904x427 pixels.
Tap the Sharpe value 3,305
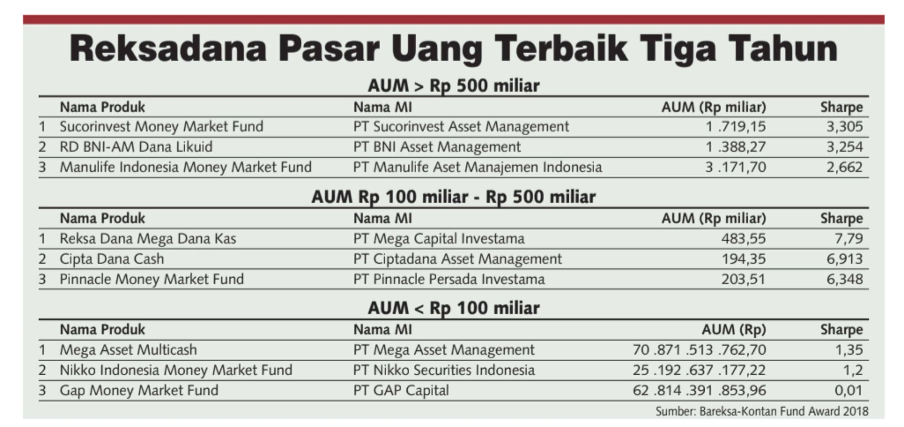coord(844,126)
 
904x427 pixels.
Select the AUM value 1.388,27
coord(736,147)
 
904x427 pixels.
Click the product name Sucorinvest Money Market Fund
coord(161,126)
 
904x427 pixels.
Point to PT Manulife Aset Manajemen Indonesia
coord(477,167)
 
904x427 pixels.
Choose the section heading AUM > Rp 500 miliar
coord(453,86)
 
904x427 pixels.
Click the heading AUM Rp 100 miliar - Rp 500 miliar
coord(453,197)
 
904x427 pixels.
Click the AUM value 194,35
coord(743,259)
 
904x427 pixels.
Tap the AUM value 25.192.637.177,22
coord(699,370)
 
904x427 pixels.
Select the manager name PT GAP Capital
coord(401,390)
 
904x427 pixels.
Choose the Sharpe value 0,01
coord(848,390)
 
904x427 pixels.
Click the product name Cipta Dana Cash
coord(112,259)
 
